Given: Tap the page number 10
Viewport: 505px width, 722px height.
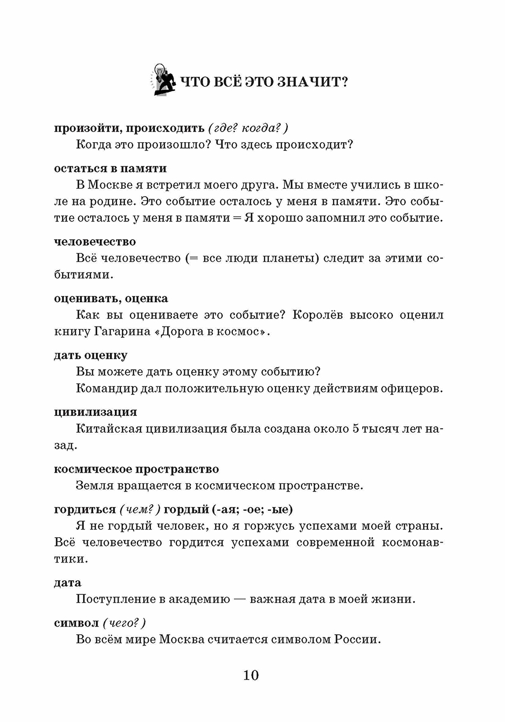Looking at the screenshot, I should tap(251, 675).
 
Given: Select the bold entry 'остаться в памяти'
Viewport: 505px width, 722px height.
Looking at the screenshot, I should tap(110, 168).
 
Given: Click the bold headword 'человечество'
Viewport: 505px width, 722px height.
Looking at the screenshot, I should tap(95, 241).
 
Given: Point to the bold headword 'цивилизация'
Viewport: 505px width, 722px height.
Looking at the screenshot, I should tap(95, 412).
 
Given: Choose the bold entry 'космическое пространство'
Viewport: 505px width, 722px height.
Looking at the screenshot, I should tap(136, 469).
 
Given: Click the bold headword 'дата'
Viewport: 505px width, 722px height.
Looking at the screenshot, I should tap(68, 582).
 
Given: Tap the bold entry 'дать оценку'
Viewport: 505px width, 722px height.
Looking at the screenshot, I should tap(91, 355).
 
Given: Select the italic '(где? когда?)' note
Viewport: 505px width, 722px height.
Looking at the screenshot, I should tap(248, 128).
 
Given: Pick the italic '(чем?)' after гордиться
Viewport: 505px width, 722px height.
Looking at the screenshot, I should tap(140, 509).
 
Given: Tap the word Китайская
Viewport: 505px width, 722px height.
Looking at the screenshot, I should tap(109, 429).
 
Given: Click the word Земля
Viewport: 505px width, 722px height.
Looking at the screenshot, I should tap(95, 485).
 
